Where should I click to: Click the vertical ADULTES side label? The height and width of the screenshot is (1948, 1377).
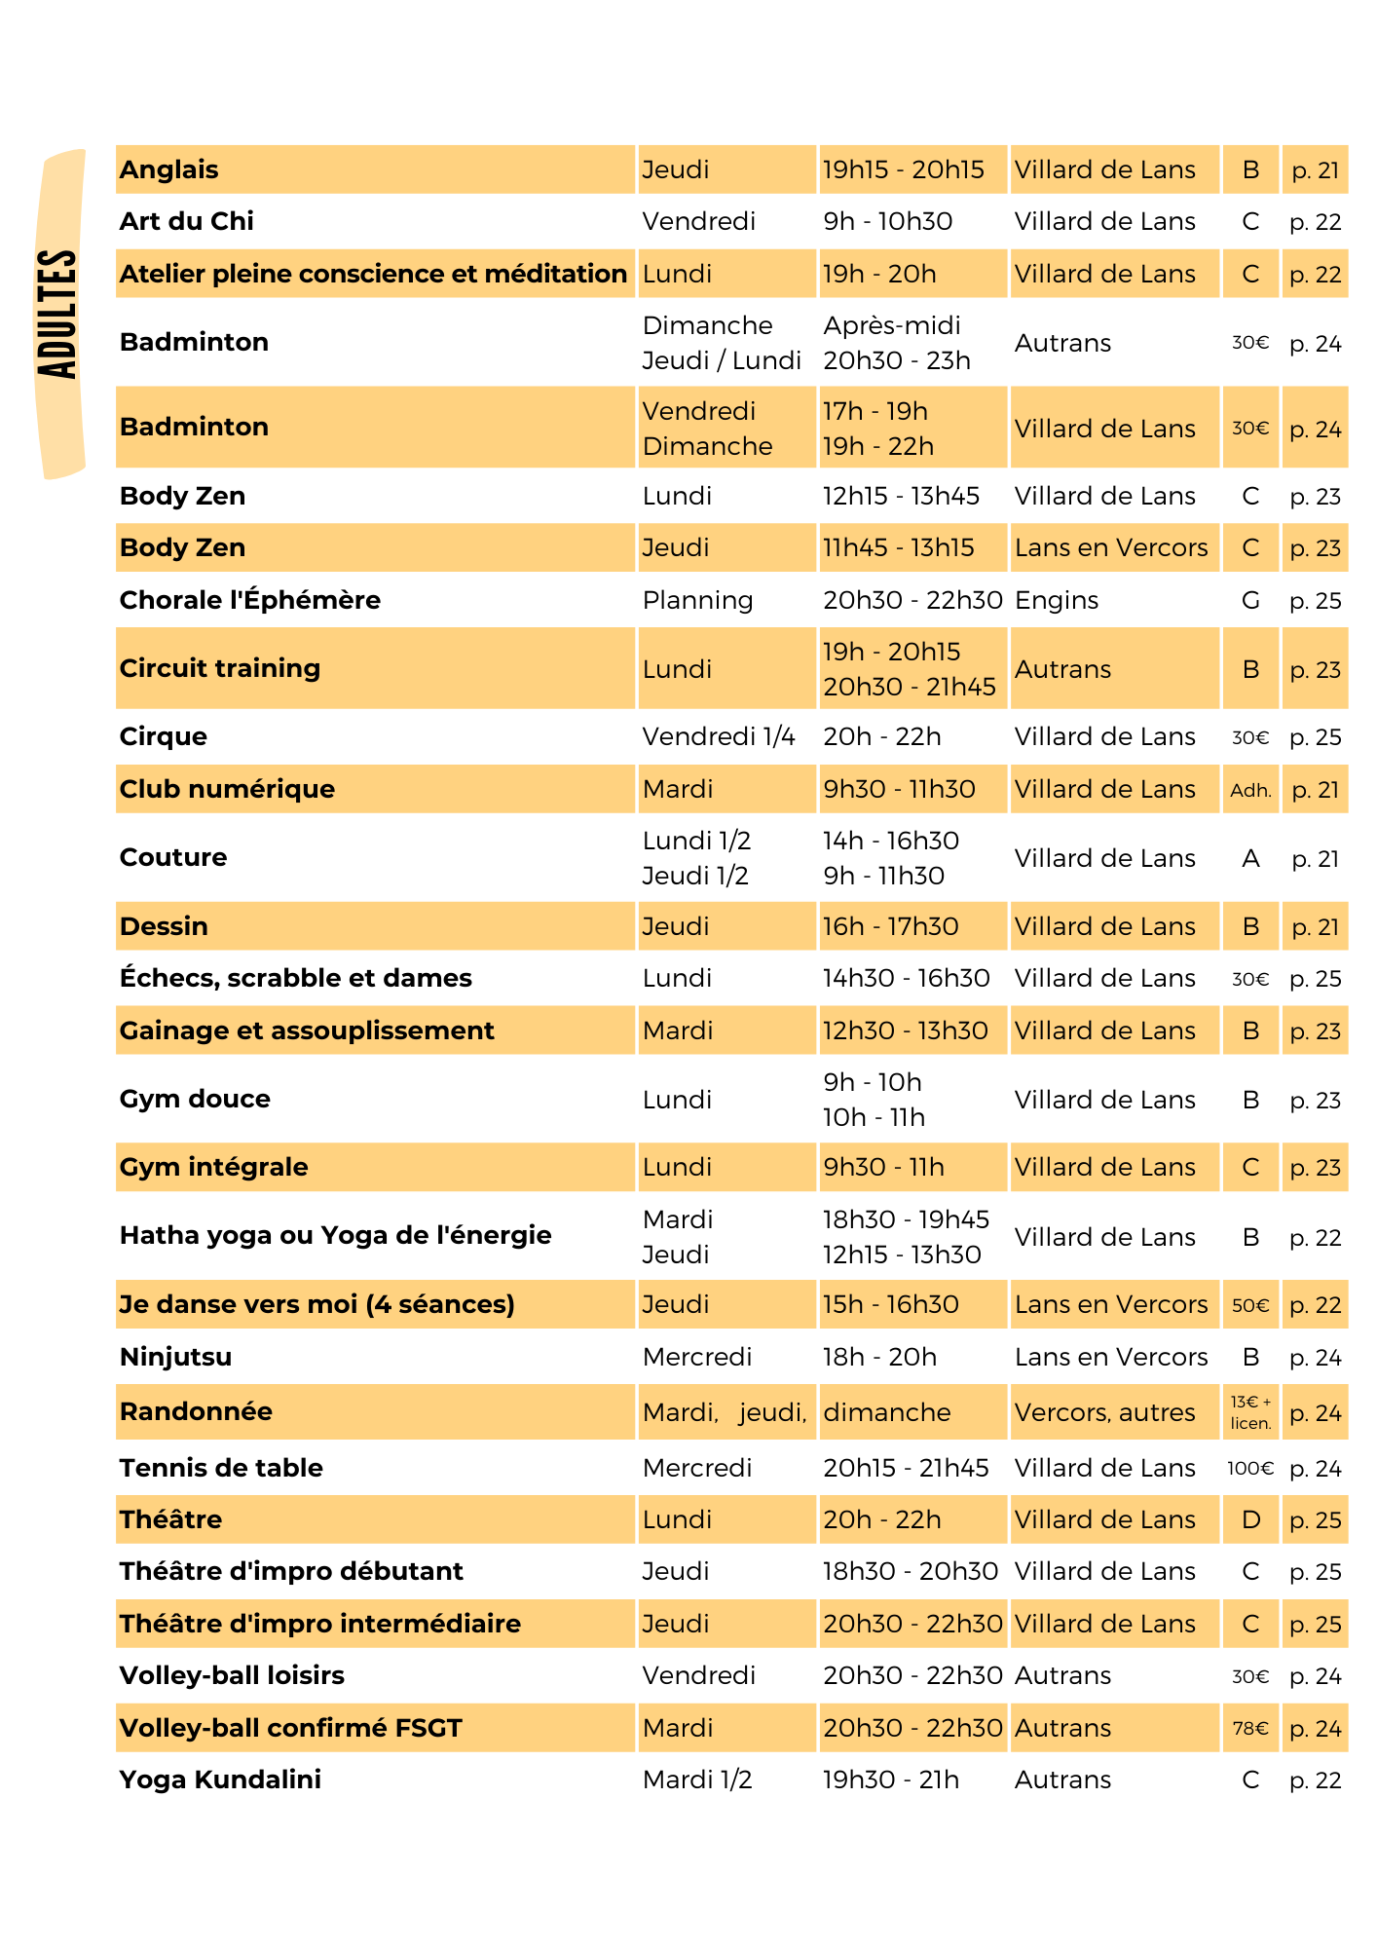tap(57, 314)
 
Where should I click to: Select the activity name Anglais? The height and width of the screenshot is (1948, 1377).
tap(168, 169)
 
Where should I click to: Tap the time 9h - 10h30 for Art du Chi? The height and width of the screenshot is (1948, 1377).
tap(887, 221)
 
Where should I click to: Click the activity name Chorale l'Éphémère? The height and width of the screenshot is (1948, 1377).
tap(249, 600)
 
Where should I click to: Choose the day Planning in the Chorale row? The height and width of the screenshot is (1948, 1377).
tap(697, 601)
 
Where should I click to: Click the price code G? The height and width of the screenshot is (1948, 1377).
tap(1250, 601)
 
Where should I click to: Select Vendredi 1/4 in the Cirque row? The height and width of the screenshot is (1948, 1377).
tap(719, 736)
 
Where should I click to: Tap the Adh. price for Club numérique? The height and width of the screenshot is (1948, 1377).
tap(1250, 790)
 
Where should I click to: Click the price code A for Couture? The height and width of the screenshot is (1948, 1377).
tap(1250, 858)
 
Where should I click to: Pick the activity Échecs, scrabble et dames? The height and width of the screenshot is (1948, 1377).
tap(295, 978)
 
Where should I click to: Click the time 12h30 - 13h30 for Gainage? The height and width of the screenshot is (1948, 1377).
tap(905, 1030)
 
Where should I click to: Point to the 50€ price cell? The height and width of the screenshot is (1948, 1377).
tap(1250, 1305)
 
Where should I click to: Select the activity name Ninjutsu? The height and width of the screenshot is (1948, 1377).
tap(175, 1357)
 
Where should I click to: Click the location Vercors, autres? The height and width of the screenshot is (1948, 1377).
tap(1104, 1412)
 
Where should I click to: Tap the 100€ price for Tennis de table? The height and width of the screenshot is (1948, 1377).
tap(1250, 1468)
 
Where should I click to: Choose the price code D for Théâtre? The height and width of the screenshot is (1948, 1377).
tap(1250, 1519)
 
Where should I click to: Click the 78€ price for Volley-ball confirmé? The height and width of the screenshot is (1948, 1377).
tap(1250, 1728)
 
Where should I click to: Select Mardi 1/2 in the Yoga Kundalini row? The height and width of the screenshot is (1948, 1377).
tap(697, 1779)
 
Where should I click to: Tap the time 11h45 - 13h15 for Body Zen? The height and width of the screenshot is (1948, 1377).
tap(898, 547)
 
